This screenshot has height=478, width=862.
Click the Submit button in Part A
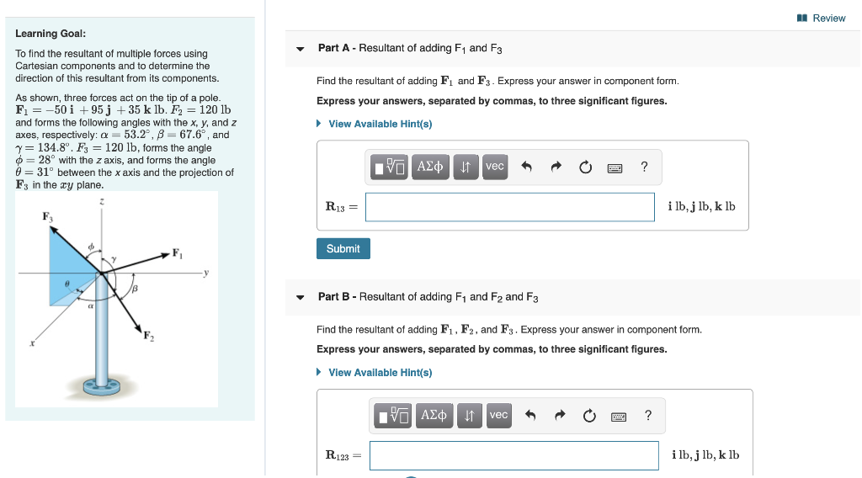point(343,248)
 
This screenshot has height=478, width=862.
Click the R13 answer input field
point(509,207)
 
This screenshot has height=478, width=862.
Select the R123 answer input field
point(513,455)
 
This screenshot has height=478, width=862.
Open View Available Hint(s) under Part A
point(380,124)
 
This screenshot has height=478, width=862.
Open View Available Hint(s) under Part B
point(380,372)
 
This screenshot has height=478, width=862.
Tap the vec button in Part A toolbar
point(495,167)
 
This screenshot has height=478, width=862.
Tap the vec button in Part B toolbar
point(498,415)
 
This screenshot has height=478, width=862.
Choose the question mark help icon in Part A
point(644,167)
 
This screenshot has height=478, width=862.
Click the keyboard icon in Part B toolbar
point(619,416)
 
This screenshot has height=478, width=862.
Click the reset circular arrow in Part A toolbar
point(585,167)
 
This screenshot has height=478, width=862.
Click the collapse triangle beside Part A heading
point(301,49)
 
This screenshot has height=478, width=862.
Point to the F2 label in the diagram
point(148,337)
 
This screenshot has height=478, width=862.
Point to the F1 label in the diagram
point(178,252)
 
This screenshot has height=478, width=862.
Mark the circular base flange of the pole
point(102,390)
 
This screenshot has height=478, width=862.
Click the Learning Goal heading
point(51,34)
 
